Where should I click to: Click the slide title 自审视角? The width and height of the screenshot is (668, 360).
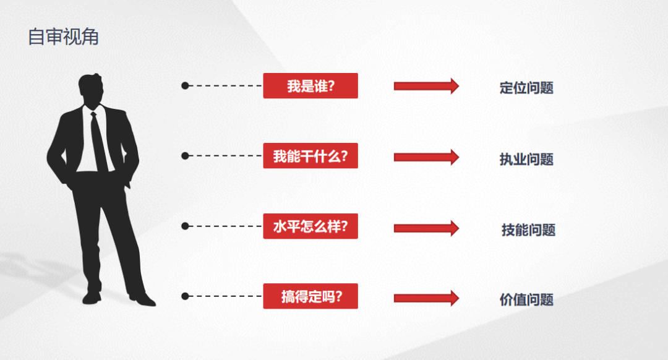coord(63,36)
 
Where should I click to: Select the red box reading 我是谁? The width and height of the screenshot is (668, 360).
coord(310,85)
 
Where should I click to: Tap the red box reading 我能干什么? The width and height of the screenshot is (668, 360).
coord(310,156)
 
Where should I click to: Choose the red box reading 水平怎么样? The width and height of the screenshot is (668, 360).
coord(310,226)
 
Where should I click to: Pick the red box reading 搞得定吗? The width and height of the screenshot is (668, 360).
coord(310,296)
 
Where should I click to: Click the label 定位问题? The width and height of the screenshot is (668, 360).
coord(526,88)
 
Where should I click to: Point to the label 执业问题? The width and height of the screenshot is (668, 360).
coord(526,160)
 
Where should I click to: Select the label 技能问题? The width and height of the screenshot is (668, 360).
coord(528,230)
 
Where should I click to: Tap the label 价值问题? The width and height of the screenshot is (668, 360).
coord(526,299)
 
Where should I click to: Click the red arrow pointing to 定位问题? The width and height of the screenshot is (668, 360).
coord(426,86)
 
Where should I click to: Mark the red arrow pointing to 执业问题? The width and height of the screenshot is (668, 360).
coord(426,157)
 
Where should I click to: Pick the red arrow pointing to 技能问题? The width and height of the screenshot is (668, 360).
coord(426,228)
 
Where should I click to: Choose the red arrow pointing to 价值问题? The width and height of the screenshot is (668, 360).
coord(426,298)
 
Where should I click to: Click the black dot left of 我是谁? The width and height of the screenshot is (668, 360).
coord(185,85)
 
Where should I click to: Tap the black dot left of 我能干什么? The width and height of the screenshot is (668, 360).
coord(185,156)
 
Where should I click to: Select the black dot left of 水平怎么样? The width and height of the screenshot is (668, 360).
coord(185,226)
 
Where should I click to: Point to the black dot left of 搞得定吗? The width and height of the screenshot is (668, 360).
coord(185,296)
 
